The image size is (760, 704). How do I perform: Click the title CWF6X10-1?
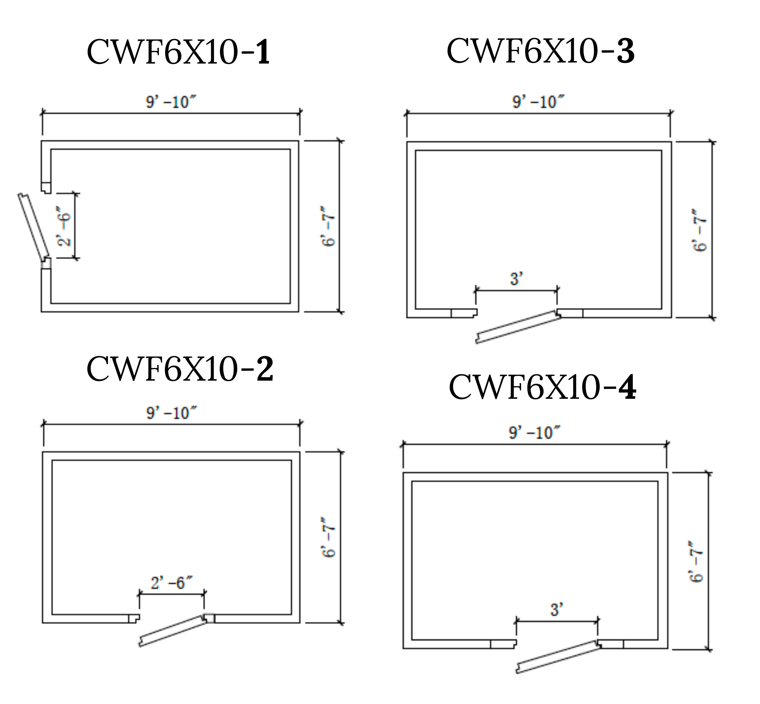coord(178,52)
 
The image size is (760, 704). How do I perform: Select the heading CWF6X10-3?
coord(540,51)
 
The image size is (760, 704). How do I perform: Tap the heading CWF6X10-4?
coord(542,387)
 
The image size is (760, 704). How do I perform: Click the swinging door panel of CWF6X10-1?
coord(34,227)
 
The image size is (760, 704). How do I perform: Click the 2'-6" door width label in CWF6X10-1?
coord(64,226)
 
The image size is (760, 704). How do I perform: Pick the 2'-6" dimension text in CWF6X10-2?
coord(171,583)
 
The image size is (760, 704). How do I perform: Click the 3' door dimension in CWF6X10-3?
coord(517,279)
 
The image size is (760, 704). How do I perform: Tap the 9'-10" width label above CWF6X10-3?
coord(538,102)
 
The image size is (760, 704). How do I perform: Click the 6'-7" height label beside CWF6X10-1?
coord(328,226)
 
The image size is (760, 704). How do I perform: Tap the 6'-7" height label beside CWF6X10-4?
coord(696,561)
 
